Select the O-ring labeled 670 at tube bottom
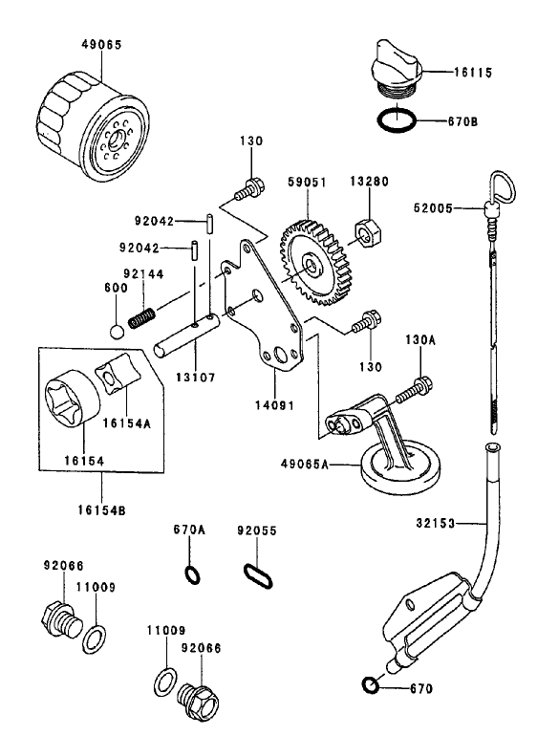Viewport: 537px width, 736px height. pos(370,686)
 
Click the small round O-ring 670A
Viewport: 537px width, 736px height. pos(191,574)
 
